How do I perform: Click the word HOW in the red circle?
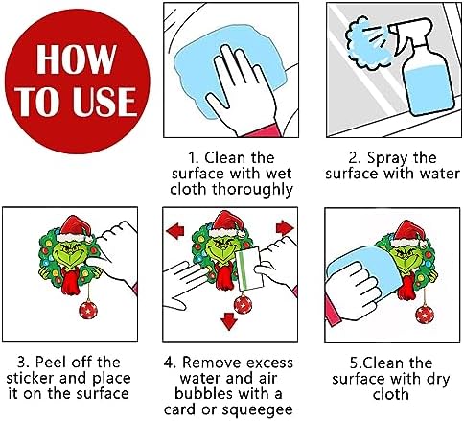coord(76,59)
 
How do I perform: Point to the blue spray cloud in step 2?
coord(367,44)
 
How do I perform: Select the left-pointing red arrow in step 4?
coord(175,231)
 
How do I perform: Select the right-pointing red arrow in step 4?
coord(285,228)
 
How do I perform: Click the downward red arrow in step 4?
coord(229,321)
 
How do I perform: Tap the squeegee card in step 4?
coord(249,269)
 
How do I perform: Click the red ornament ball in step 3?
coord(88,309)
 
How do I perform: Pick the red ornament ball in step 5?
coord(425,315)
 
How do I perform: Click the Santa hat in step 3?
coord(76,229)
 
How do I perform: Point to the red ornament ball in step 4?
coord(243,304)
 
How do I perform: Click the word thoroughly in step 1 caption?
coord(252,190)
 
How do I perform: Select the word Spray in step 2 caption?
coord(387,158)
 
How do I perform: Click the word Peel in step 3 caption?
coord(51,363)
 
